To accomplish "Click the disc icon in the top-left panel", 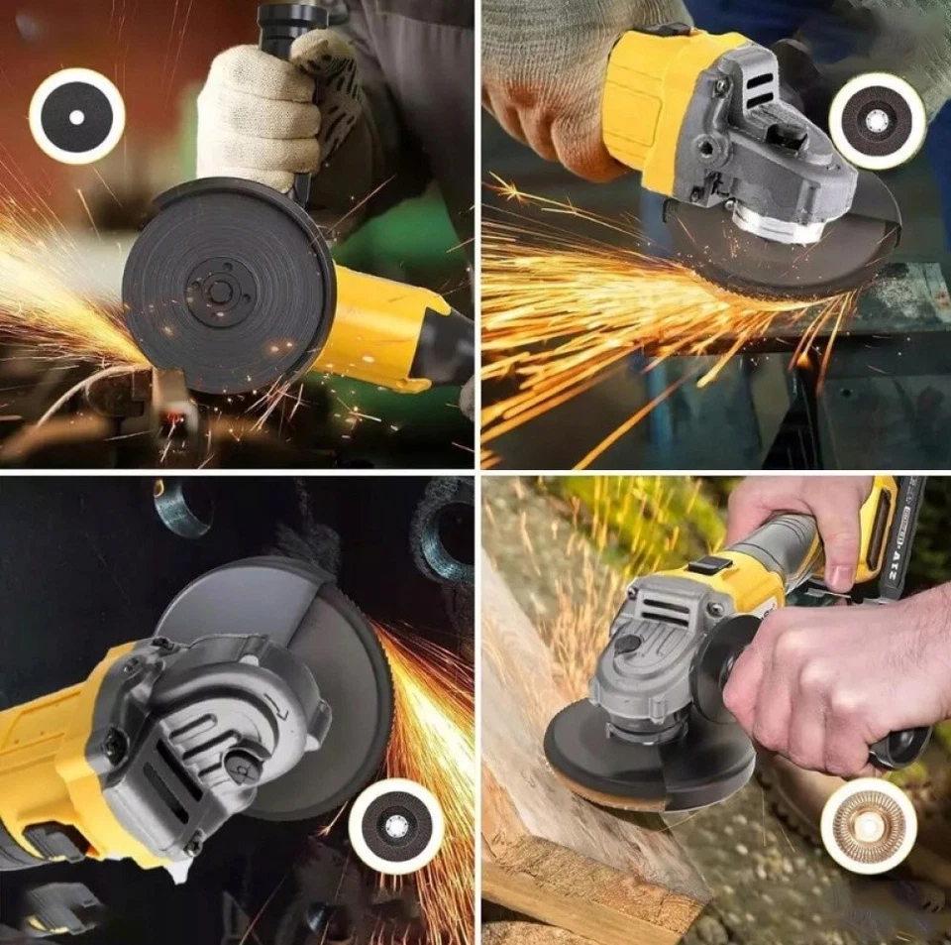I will coord(76,117).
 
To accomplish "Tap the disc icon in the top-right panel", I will coord(877,121).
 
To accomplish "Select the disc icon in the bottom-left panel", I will coord(396,826).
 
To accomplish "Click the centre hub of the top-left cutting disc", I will coord(221,290).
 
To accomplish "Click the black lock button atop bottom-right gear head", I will coord(626,644).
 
